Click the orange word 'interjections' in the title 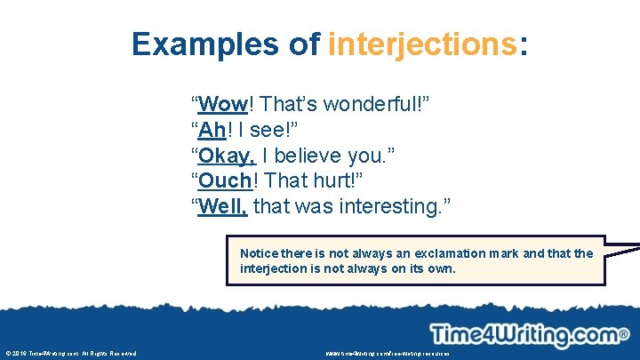[x=421, y=44]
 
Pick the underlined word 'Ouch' [x=227, y=181]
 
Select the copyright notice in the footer [x=71, y=354]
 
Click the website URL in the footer [x=388, y=354]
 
